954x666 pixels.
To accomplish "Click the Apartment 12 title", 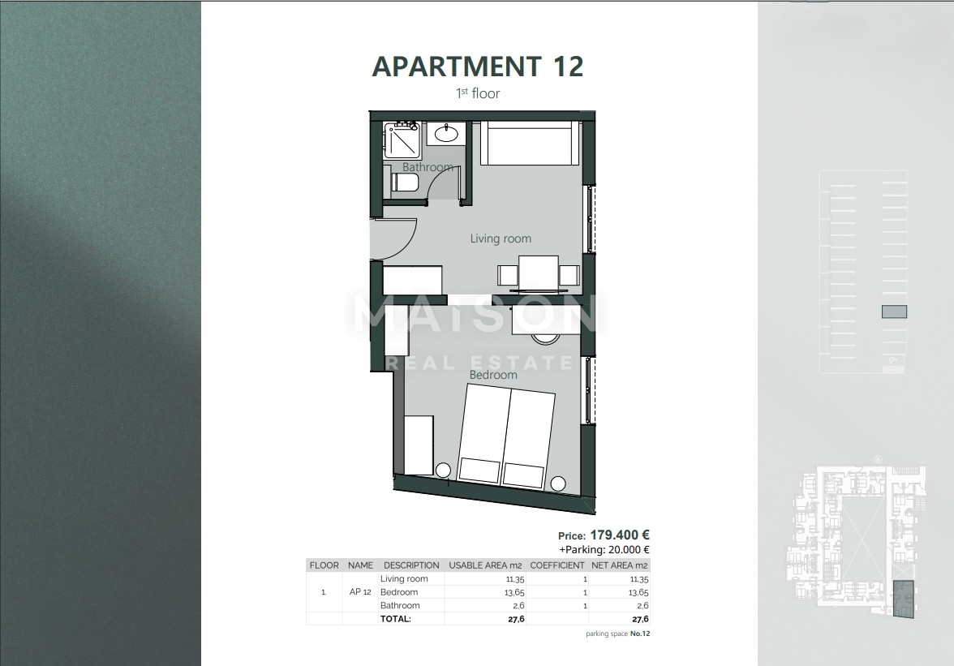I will [x=477, y=67].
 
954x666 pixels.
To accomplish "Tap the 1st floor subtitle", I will [x=478, y=93].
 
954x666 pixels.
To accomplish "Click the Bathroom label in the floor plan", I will [x=428, y=167].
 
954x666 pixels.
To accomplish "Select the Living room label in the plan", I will [x=501, y=238].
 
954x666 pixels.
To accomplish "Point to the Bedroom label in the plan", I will [x=493, y=375].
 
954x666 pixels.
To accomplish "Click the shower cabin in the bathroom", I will [x=402, y=140].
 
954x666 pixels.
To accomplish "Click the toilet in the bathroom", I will [x=405, y=183].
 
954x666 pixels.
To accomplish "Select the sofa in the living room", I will [x=529, y=144].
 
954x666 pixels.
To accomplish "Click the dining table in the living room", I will [x=539, y=273].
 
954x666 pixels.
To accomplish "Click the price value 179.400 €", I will [x=620, y=535].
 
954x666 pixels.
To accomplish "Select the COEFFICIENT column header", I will [x=556, y=565].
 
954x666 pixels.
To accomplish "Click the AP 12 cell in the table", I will [x=361, y=592].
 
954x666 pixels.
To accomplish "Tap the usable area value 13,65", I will [x=514, y=592].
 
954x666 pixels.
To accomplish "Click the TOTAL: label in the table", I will [x=396, y=618].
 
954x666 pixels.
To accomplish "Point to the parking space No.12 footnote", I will [x=617, y=634].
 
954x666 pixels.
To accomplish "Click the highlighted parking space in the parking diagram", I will [x=894, y=312].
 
